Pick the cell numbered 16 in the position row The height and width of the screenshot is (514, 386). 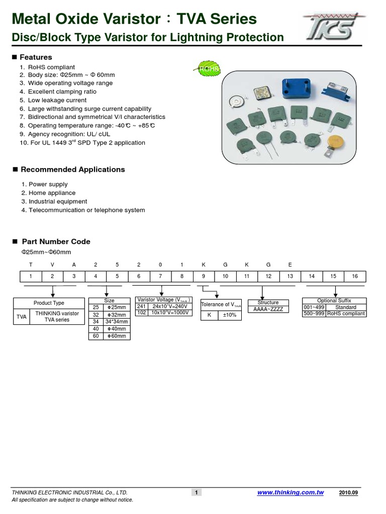[x=355, y=277]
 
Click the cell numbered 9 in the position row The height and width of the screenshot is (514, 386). [x=204, y=277]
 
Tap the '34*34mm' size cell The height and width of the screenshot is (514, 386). [x=117, y=322]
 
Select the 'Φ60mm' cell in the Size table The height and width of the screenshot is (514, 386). [x=117, y=336]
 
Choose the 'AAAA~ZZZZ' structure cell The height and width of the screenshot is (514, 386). [x=268, y=309]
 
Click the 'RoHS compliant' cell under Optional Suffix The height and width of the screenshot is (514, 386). [x=346, y=313]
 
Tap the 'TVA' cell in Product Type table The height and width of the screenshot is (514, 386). [x=21, y=317]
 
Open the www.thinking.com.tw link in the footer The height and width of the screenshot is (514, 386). [x=290, y=493]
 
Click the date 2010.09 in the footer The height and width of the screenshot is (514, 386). [x=355, y=493]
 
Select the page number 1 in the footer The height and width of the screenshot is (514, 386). [x=197, y=493]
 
